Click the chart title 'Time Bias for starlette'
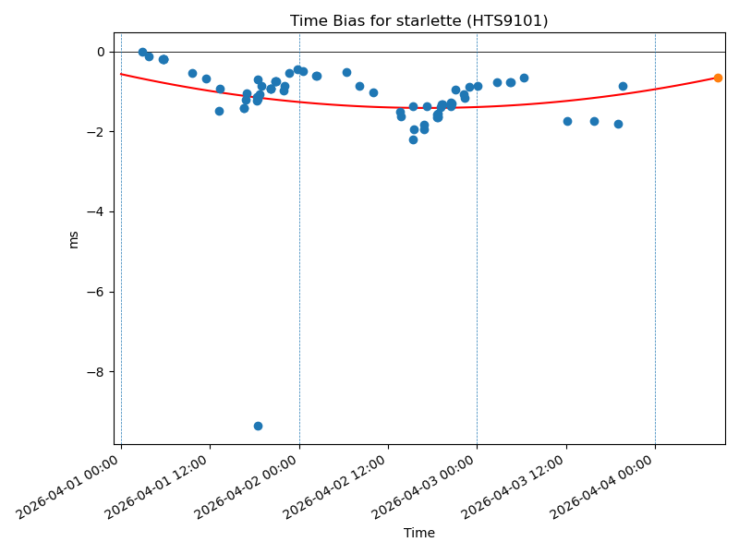(418, 20)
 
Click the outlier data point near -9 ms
(258, 426)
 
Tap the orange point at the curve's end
(718, 78)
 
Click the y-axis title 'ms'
(73, 239)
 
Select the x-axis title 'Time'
(418, 533)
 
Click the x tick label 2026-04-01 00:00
(68, 485)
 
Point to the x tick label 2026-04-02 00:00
(247, 485)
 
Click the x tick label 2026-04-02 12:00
(335, 485)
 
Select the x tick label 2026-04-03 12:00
(514, 485)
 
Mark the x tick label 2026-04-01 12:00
(157, 485)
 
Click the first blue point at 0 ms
(142, 52)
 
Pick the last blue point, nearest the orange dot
(623, 86)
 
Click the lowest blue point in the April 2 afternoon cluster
(413, 139)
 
